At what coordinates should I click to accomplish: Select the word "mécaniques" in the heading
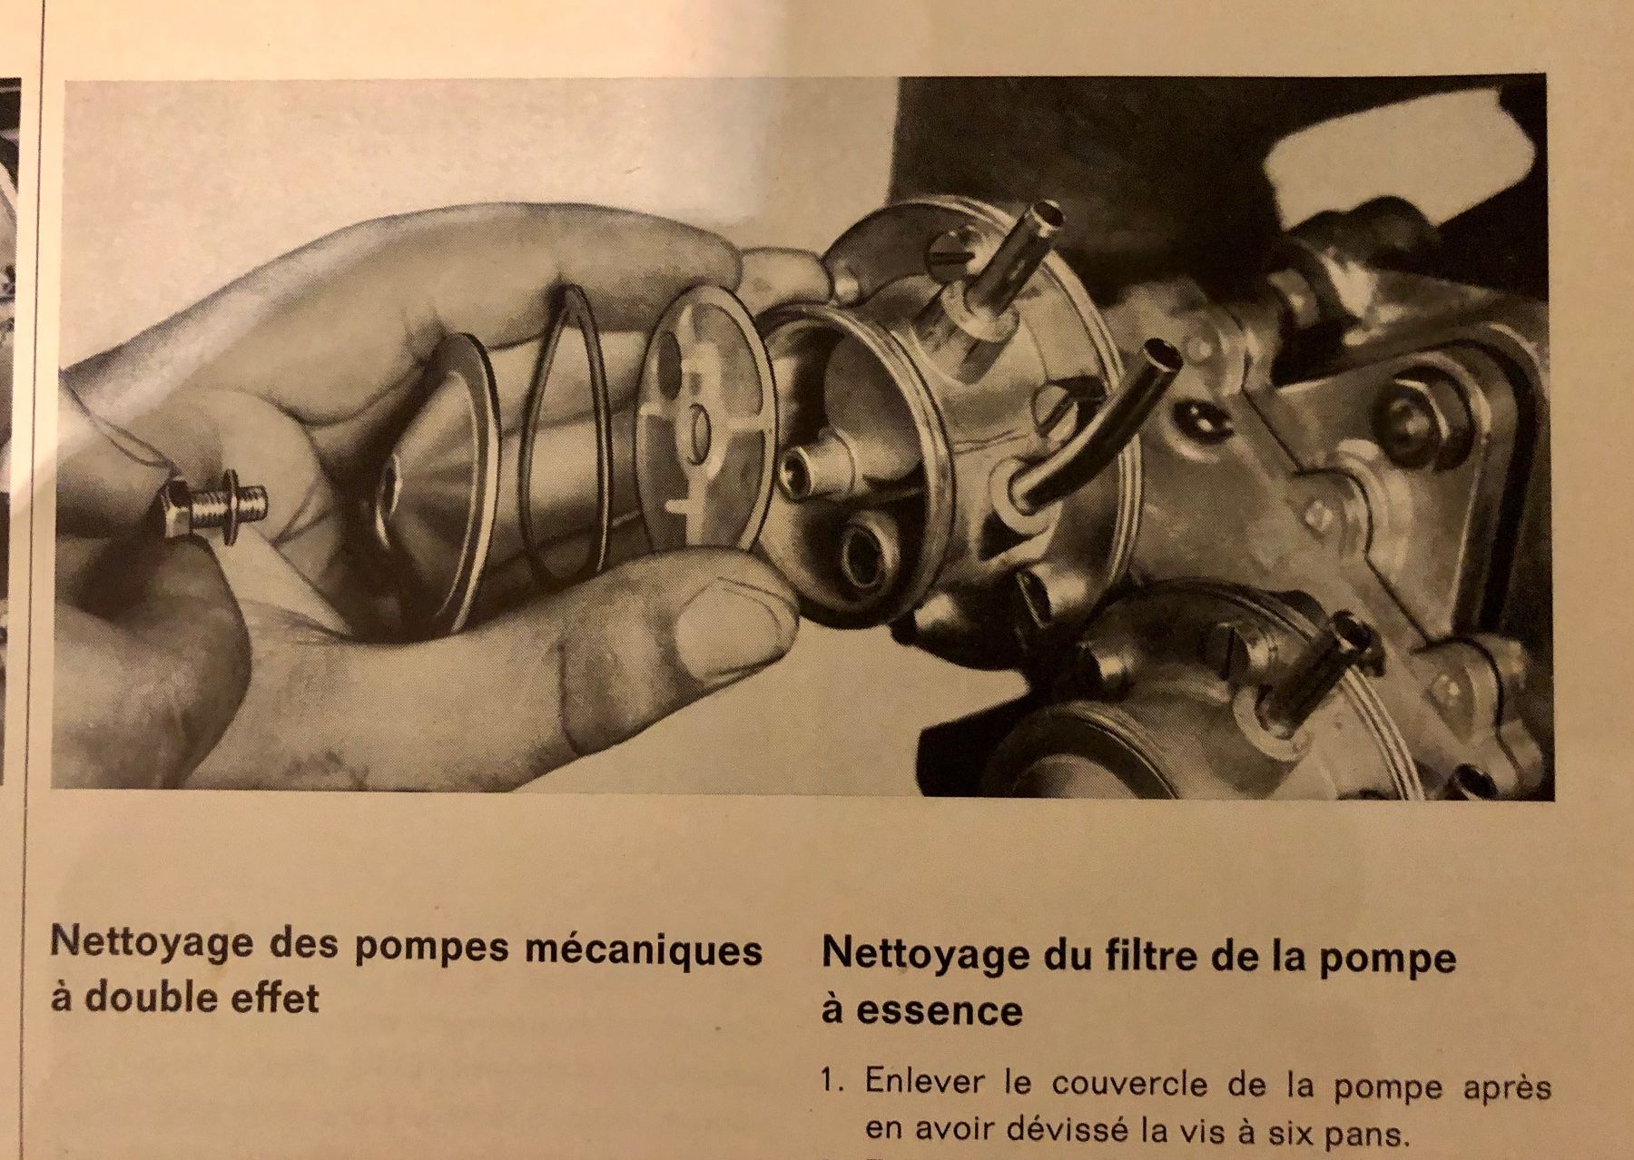(644, 949)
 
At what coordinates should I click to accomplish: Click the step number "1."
(834, 1081)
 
